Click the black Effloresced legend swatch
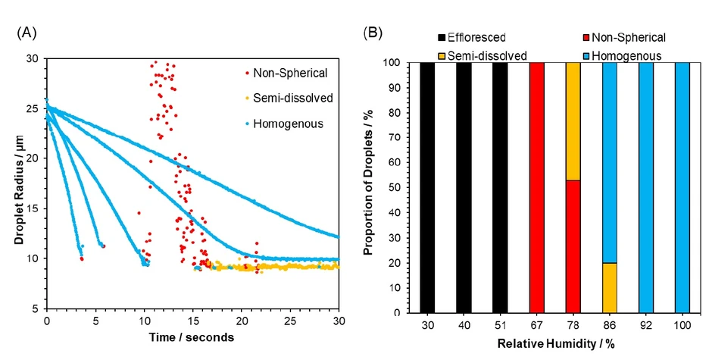[442, 36]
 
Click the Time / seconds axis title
[193, 337]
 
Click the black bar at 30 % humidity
[427, 187]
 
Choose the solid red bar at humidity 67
[536, 187]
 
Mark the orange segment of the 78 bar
[573, 121]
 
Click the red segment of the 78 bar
[573, 246]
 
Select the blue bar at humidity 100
[682, 187]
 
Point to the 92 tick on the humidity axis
[645, 323]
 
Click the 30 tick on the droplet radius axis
[33, 58]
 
